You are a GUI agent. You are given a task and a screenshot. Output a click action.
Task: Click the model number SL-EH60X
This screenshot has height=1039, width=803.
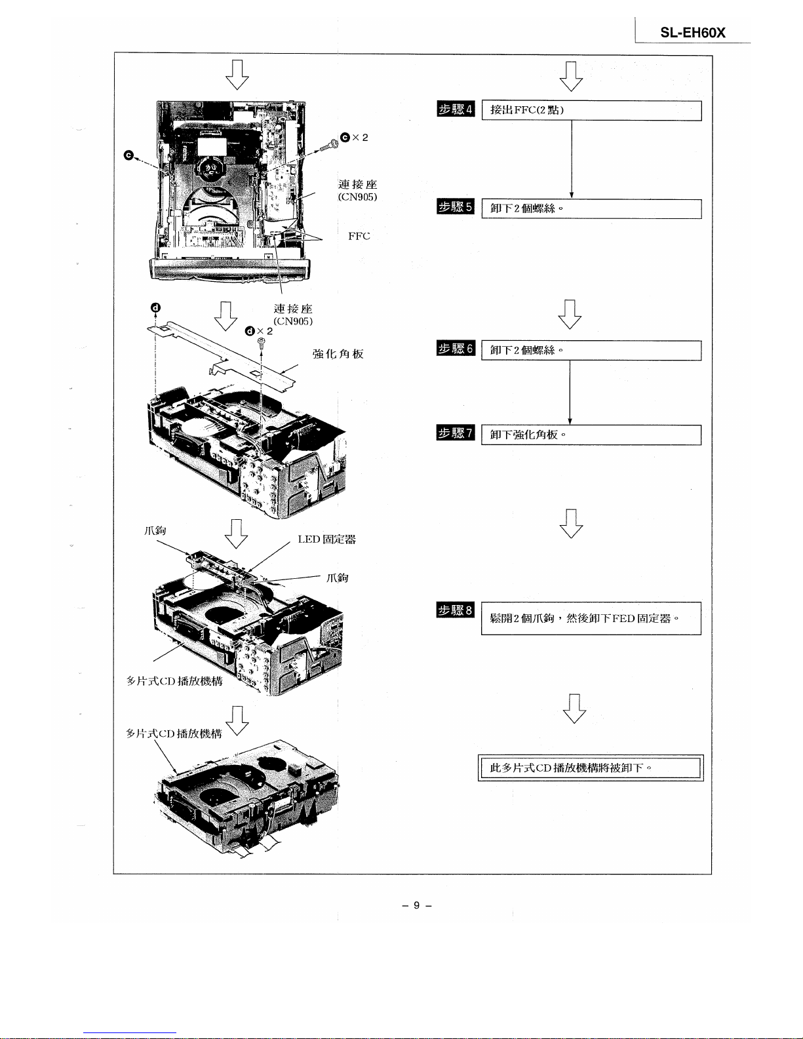click(x=693, y=33)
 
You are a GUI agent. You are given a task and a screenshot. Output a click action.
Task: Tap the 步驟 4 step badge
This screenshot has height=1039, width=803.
click(x=456, y=109)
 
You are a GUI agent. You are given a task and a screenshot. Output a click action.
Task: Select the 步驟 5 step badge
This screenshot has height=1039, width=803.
click(x=456, y=206)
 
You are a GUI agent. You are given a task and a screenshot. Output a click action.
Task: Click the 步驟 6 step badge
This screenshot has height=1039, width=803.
click(x=456, y=348)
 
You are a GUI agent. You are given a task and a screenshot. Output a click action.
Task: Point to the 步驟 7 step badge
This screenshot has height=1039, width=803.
click(x=456, y=433)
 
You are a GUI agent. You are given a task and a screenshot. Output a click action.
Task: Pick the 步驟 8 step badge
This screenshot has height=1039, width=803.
click(x=456, y=610)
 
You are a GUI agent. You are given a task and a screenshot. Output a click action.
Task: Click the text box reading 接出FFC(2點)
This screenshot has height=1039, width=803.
click(x=592, y=110)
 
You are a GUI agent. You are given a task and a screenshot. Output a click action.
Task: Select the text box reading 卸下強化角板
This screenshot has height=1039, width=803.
click(x=591, y=435)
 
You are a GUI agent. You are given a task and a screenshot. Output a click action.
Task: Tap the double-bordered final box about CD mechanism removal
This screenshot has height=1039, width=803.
click(x=591, y=768)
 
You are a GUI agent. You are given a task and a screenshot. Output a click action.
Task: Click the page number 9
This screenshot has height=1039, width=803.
click(x=417, y=905)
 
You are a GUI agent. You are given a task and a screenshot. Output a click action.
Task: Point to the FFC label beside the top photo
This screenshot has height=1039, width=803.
click(x=359, y=236)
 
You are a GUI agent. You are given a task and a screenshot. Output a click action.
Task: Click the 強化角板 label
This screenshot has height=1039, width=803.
click(x=338, y=354)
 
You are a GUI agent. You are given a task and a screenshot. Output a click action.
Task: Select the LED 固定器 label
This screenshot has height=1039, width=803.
click(x=327, y=539)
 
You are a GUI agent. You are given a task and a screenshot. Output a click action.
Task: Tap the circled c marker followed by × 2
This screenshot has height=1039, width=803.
click(x=354, y=138)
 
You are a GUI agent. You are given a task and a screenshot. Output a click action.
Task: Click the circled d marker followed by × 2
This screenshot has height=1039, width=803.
click(x=258, y=331)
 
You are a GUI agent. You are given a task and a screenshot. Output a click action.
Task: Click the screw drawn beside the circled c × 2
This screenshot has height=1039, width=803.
click(x=329, y=144)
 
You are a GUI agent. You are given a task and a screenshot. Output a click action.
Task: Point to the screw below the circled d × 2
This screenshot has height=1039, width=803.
click(x=262, y=342)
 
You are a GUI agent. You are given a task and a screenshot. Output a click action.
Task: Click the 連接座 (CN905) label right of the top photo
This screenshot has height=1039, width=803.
click(x=357, y=190)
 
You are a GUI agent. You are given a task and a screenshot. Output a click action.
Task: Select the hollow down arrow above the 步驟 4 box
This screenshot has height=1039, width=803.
click(x=571, y=77)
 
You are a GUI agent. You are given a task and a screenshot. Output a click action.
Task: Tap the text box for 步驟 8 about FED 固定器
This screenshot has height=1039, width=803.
click(x=591, y=618)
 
